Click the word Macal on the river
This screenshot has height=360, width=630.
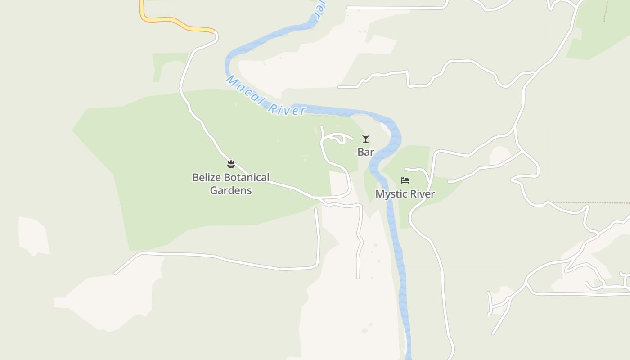246,91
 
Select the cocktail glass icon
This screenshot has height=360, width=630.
366,139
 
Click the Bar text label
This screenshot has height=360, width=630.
366,152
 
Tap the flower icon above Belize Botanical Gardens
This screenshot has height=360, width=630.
231,164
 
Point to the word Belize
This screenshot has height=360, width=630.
207,178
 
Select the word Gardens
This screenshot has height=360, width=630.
231,190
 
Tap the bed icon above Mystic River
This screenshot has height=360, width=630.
405,180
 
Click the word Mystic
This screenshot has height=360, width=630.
392,194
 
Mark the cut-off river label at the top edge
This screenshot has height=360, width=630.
319,9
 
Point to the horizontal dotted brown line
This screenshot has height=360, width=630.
589,203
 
